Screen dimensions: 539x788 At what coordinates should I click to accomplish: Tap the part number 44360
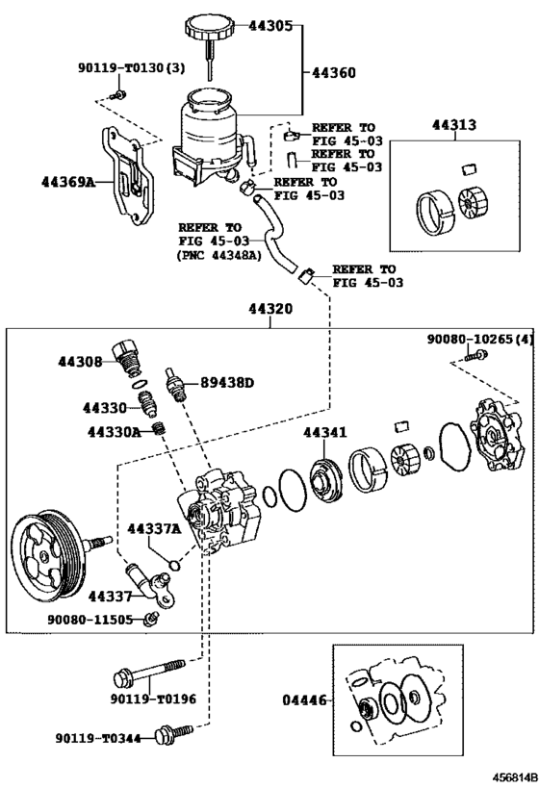click(x=334, y=73)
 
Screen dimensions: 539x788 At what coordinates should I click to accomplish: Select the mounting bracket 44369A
click(x=129, y=175)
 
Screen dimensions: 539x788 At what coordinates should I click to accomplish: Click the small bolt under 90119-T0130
click(x=119, y=94)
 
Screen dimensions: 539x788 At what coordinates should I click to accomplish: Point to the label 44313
click(x=454, y=125)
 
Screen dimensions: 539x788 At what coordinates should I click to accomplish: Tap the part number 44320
click(x=270, y=309)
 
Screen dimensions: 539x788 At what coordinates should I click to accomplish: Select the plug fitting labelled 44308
click(x=126, y=356)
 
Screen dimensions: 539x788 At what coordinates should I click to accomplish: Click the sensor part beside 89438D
click(x=174, y=385)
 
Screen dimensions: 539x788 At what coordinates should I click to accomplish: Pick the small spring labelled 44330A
click(x=160, y=429)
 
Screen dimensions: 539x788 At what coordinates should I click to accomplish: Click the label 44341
click(x=324, y=432)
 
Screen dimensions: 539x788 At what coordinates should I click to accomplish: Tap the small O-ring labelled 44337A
click(x=174, y=565)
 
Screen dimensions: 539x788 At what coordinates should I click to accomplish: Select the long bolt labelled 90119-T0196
click(x=149, y=673)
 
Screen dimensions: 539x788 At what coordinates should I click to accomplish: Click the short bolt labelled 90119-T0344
click(x=174, y=732)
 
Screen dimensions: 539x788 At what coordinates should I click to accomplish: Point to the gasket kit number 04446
click(x=304, y=699)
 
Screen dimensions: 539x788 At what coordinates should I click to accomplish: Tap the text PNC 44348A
click(x=219, y=255)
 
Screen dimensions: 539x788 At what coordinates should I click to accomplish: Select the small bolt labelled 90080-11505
click(x=149, y=619)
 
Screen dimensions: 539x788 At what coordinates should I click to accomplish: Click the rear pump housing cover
click(x=498, y=435)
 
